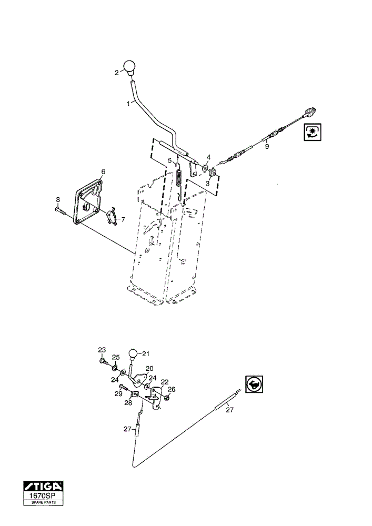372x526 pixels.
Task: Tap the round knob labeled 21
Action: pyautogui.click(x=134, y=354)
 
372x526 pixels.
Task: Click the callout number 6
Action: pyautogui.click(x=103, y=172)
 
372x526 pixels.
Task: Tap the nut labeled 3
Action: pyautogui.click(x=212, y=173)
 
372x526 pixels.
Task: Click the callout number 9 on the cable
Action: pyautogui.click(x=267, y=147)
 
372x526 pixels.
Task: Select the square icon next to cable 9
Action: pyautogui.click(x=313, y=132)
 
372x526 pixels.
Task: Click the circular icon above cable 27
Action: pyautogui.click(x=254, y=384)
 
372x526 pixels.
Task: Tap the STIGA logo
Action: pyautogui.click(x=43, y=486)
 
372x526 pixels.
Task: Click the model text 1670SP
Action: pyautogui.click(x=43, y=495)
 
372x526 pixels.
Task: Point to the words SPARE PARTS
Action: pyautogui.click(x=43, y=502)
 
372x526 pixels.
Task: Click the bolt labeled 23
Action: pyautogui.click(x=104, y=362)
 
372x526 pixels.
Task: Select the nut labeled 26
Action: pyautogui.click(x=166, y=398)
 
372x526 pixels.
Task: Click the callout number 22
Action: pyautogui.click(x=165, y=382)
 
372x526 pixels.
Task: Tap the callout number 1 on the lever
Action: pyautogui.click(x=128, y=104)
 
